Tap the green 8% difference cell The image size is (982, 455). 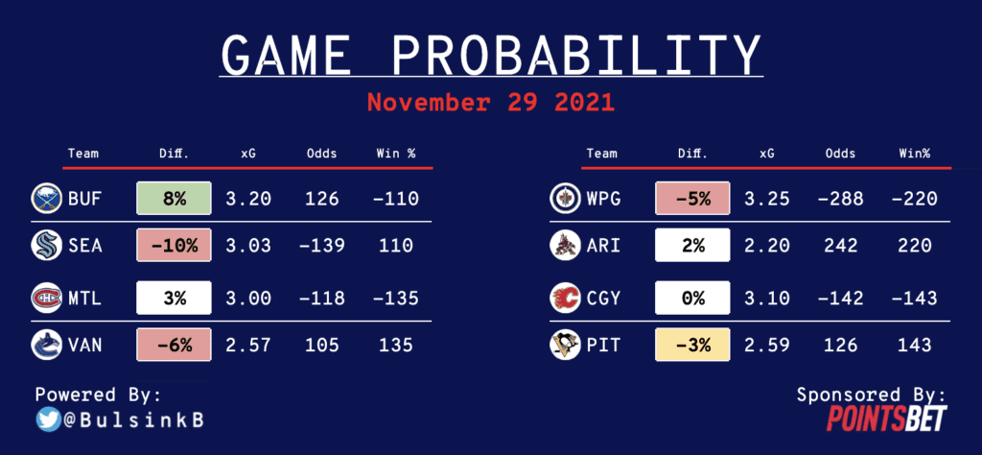click(x=175, y=199)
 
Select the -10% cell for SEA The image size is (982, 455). click(x=175, y=245)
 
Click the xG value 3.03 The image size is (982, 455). click(x=248, y=245)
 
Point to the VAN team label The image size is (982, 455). click(x=85, y=345)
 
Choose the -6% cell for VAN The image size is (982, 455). click(x=175, y=344)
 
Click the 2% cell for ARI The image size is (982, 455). click(x=692, y=245)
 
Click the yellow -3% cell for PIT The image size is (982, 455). click(x=692, y=344)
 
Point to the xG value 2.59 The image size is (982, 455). click(x=767, y=345)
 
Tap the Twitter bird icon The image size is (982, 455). click(x=48, y=419)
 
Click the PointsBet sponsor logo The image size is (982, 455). click(x=886, y=418)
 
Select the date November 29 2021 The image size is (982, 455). click(x=490, y=102)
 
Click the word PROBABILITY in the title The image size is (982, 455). click(x=576, y=55)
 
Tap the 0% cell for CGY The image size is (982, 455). click(x=692, y=298)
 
